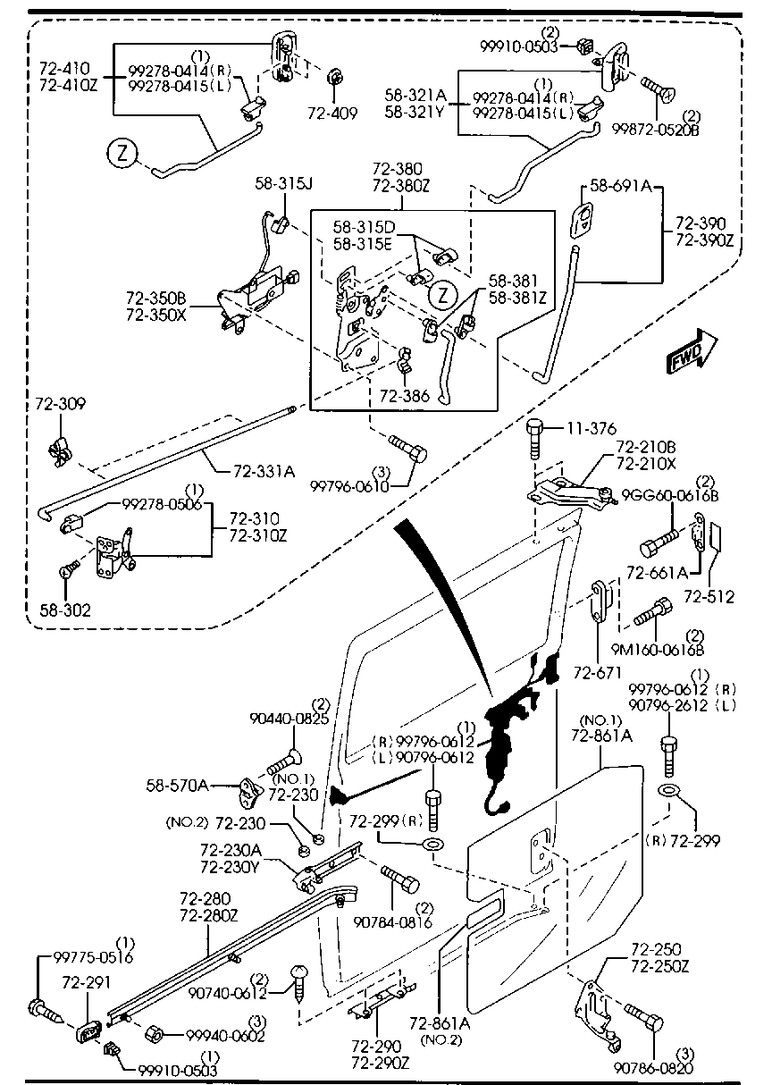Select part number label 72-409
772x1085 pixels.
pos(332,114)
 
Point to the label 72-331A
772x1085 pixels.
pos(264,470)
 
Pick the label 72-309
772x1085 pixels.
pos(61,405)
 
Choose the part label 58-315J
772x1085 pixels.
pos(283,183)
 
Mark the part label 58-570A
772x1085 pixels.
pos(177,786)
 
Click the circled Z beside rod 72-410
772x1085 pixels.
pos(122,155)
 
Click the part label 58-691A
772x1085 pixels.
pos(619,188)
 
